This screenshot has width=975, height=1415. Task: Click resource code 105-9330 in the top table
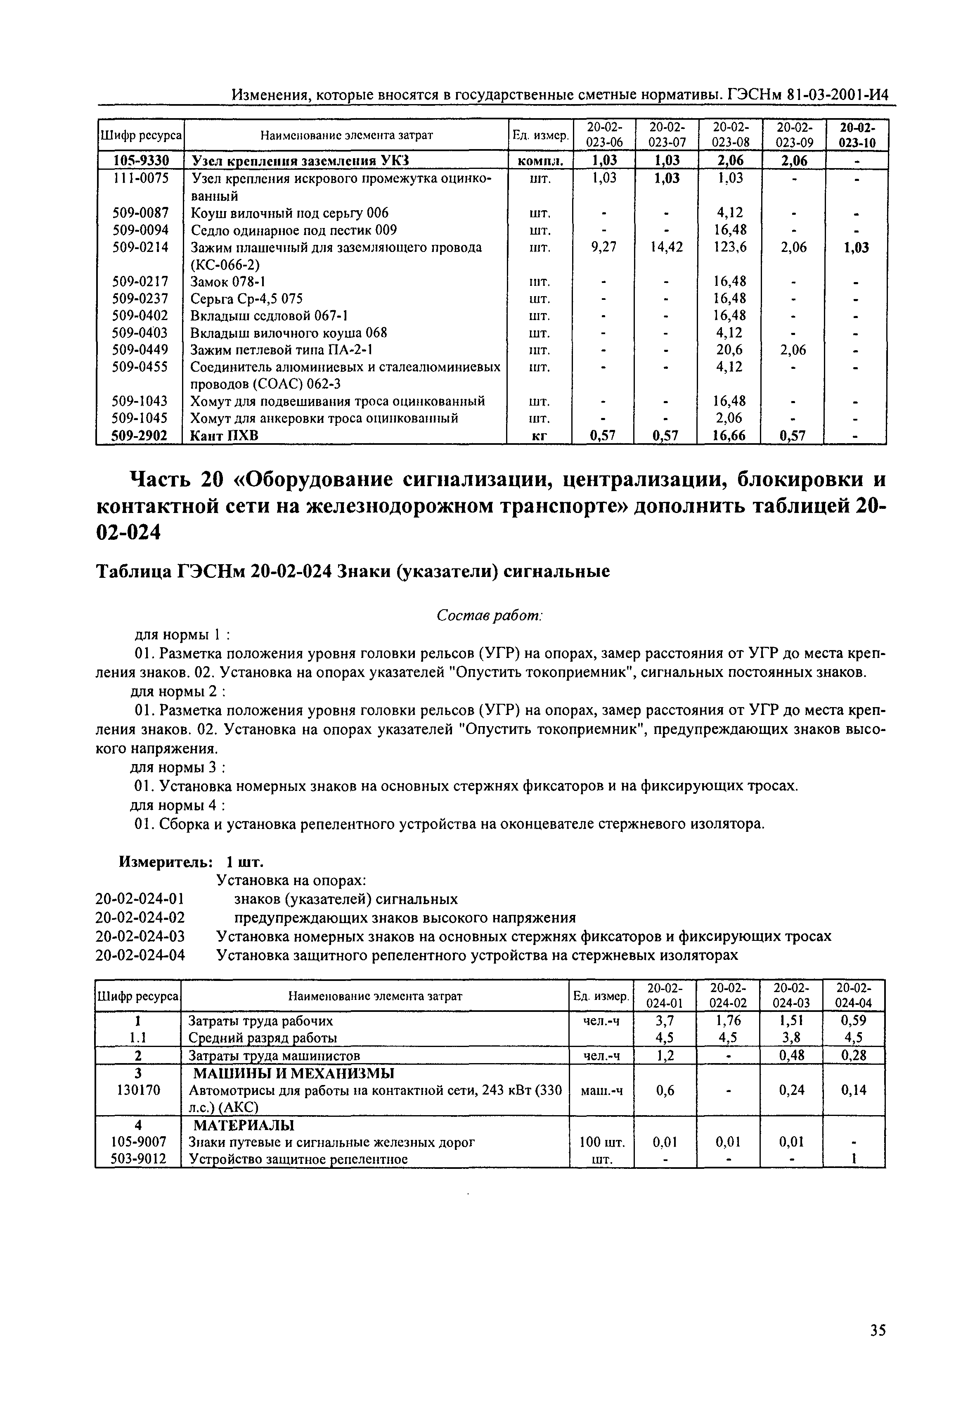click(x=140, y=161)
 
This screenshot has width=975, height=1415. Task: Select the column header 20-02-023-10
click(x=857, y=135)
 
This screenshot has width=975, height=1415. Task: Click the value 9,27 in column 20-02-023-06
click(x=603, y=247)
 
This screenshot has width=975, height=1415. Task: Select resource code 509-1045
click(x=140, y=419)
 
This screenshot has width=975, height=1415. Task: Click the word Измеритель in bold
click(x=165, y=862)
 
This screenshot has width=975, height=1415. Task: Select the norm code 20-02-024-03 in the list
click(x=140, y=936)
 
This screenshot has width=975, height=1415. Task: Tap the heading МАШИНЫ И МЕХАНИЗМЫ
click(x=293, y=1074)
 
